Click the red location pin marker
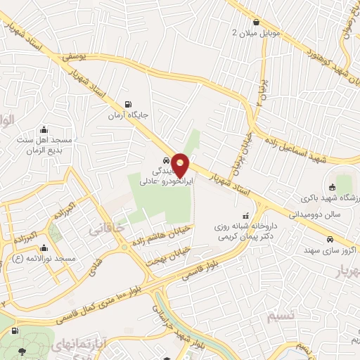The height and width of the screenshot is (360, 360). (x=181, y=165)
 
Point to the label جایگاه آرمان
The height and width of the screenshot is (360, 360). (x=127, y=113)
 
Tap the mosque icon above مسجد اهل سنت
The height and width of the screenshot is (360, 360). (x=44, y=129)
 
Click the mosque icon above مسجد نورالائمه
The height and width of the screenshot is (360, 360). (x=44, y=247)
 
